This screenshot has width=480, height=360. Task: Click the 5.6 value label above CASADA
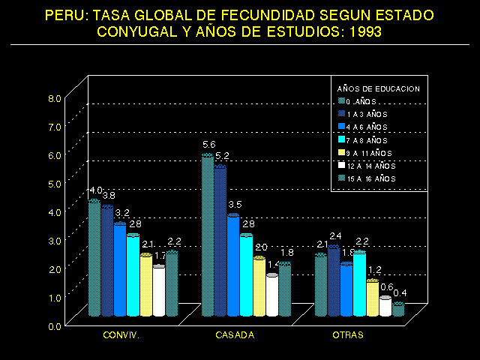(x=208, y=144)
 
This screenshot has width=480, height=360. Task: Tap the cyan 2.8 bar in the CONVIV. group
(x=133, y=274)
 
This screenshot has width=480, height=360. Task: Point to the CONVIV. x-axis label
(x=121, y=335)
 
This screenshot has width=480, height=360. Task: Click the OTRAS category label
(x=348, y=335)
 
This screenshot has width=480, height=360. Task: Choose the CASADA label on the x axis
(x=234, y=335)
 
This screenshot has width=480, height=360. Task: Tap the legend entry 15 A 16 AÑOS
(x=370, y=178)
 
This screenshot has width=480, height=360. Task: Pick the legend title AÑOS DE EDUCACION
(x=379, y=88)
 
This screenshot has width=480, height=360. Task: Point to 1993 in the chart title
(x=364, y=32)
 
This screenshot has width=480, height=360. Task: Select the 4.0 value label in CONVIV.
(x=96, y=190)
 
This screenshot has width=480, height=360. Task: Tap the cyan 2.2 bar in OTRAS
(x=359, y=284)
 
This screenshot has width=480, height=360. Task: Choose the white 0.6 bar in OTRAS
(x=385, y=306)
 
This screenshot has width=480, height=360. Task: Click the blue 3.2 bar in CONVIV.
(x=120, y=270)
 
